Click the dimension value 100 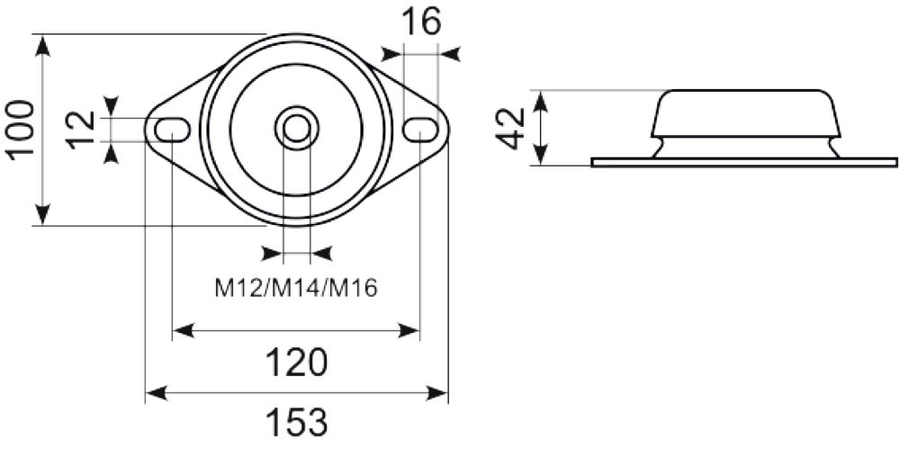click(x=21, y=129)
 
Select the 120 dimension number click(x=296, y=363)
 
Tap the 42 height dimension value click(x=510, y=128)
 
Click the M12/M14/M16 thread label click(x=296, y=288)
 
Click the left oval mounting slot click(x=171, y=130)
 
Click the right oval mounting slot click(x=419, y=130)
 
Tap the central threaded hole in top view click(x=296, y=129)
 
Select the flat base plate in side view click(x=743, y=162)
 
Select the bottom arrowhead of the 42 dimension click(x=540, y=157)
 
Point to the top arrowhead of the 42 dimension click(x=540, y=100)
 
